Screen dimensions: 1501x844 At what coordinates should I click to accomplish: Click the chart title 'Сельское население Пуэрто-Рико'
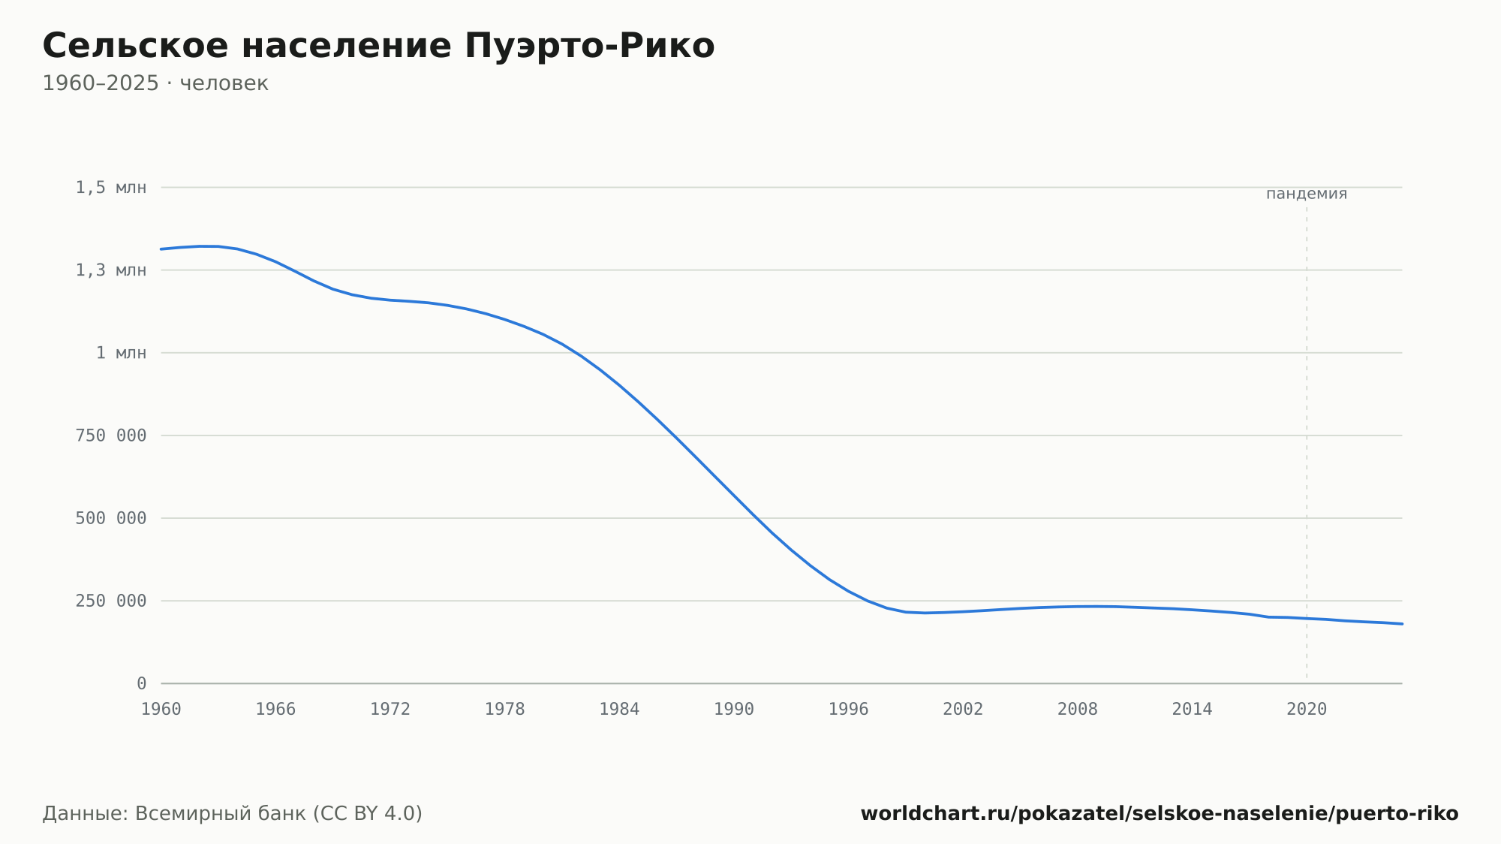[378, 46]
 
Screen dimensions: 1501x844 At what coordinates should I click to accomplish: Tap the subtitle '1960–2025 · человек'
[155, 83]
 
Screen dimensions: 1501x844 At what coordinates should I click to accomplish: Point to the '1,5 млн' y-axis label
[111, 188]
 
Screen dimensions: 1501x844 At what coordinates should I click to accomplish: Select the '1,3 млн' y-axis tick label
[111, 270]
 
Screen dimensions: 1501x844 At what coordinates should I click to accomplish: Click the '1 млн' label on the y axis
[122, 353]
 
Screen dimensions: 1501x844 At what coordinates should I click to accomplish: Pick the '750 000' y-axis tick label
[111, 436]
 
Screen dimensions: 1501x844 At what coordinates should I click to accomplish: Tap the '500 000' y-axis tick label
[111, 518]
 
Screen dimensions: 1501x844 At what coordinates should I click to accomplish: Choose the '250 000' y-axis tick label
[111, 601]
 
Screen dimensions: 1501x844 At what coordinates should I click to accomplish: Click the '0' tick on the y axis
[142, 683]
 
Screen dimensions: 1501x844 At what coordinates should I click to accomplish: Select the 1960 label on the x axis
[161, 710]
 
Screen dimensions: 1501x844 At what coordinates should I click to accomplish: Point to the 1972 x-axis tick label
[390, 710]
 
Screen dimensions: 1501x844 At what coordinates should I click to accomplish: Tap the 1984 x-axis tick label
[619, 710]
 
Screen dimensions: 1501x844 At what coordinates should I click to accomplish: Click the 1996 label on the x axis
[849, 710]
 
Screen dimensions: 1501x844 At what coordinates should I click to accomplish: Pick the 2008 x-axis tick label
[1078, 710]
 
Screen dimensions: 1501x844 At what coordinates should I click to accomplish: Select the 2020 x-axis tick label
[1307, 710]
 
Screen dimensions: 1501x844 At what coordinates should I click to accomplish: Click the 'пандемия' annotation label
[1307, 194]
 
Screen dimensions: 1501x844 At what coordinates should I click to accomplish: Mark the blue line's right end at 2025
[1402, 624]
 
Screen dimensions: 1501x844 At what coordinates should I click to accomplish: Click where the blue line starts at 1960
[161, 249]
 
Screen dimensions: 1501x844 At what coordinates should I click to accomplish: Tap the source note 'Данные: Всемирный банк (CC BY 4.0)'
[233, 814]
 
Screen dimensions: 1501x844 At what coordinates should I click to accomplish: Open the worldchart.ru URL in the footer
[1160, 814]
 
